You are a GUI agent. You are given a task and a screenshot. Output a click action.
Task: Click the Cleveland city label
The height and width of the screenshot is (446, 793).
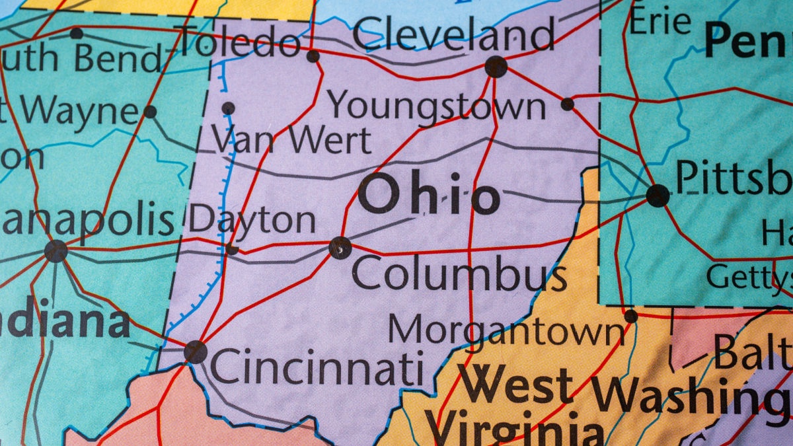click(x=453, y=34)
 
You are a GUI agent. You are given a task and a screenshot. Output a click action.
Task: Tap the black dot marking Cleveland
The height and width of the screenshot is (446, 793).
click(x=496, y=67)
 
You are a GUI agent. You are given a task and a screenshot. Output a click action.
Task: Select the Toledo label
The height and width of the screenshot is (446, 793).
click(x=241, y=42)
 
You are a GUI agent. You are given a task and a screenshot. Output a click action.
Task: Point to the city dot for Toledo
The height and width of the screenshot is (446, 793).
click(x=313, y=56)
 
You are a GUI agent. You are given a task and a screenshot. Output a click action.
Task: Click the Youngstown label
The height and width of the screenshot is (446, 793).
click(x=437, y=106)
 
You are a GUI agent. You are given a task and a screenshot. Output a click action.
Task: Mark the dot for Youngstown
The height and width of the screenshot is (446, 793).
click(x=567, y=104)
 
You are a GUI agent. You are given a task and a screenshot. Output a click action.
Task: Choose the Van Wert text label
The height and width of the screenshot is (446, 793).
click(x=291, y=139)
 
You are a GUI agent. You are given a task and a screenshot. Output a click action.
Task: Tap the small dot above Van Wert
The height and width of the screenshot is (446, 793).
click(x=228, y=108)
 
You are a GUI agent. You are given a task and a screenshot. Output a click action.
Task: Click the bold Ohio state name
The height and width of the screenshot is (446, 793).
click(x=428, y=196)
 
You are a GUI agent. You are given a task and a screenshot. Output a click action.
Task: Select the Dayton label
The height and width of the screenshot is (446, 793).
click(x=252, y=221)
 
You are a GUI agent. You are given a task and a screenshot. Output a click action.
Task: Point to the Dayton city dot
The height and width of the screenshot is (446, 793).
click(x=232, y=249)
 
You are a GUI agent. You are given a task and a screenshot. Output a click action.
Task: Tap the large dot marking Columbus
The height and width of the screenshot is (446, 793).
click(x=340, y=248)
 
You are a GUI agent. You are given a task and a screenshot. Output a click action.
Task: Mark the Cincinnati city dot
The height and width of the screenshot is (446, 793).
click(x=196, y=352)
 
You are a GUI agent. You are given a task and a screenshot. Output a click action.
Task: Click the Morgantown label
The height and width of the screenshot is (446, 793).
click(x=506, y=330)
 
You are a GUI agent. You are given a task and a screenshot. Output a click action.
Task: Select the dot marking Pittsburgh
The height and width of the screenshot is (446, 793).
click(x=658, y=196)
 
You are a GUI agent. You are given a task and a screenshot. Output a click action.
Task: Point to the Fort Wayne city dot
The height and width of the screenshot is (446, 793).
click(x=150, y=112)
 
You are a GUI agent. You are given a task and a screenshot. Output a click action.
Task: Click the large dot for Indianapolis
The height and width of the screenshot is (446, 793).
click(x=56, y=251)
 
